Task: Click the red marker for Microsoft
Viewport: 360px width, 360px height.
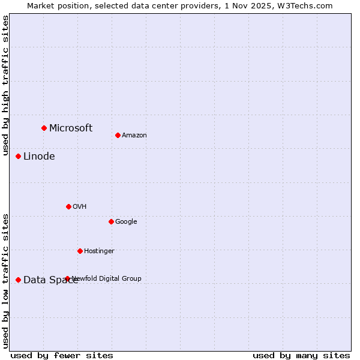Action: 44,128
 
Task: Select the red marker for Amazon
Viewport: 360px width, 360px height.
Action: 118,135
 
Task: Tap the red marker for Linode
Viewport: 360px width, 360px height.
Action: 18,156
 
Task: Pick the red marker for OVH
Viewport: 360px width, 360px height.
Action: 68,206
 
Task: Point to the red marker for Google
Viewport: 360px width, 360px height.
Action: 111,221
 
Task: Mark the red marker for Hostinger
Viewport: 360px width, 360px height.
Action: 80,251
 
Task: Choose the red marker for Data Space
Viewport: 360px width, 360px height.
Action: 18,280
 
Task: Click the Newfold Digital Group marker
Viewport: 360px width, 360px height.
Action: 67,278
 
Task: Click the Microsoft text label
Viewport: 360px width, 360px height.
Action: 71,128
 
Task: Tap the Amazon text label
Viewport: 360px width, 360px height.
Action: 134,136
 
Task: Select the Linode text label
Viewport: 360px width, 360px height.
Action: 39,157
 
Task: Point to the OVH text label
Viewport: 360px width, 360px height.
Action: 80,207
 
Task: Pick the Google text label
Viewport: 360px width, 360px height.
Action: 126,222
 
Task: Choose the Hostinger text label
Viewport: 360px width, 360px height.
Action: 99,251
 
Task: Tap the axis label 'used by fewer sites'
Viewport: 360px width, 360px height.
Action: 62,356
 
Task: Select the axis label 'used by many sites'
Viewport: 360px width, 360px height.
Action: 301,356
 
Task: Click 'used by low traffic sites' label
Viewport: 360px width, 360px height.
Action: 6,280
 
